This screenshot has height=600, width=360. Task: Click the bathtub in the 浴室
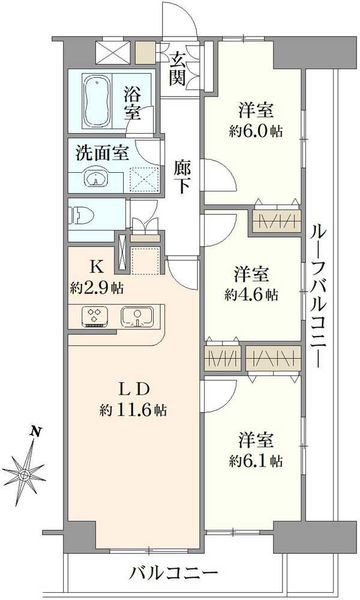[97, 101]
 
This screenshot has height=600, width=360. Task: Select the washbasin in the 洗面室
[96, 178]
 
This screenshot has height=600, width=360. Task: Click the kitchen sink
[137, 317]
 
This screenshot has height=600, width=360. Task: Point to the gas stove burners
[94, 317]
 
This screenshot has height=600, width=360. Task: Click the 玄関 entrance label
[178, 69]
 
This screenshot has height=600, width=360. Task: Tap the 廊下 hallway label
[182, 177]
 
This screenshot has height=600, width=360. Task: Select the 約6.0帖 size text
[256, 132]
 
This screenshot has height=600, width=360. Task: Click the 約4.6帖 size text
[251, 295]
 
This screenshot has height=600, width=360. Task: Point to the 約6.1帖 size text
[256, 461]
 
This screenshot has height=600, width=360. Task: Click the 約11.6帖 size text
[133, 411]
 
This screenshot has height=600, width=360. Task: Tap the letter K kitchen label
[96, 267]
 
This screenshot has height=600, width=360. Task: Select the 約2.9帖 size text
[96, 288]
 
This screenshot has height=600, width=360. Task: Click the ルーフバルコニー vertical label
[318, 296]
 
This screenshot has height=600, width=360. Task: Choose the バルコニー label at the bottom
[173, 573]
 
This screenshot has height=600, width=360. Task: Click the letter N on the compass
[36, 432]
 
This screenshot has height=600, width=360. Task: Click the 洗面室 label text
[102, 153]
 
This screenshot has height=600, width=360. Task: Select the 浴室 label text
[132, 103]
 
